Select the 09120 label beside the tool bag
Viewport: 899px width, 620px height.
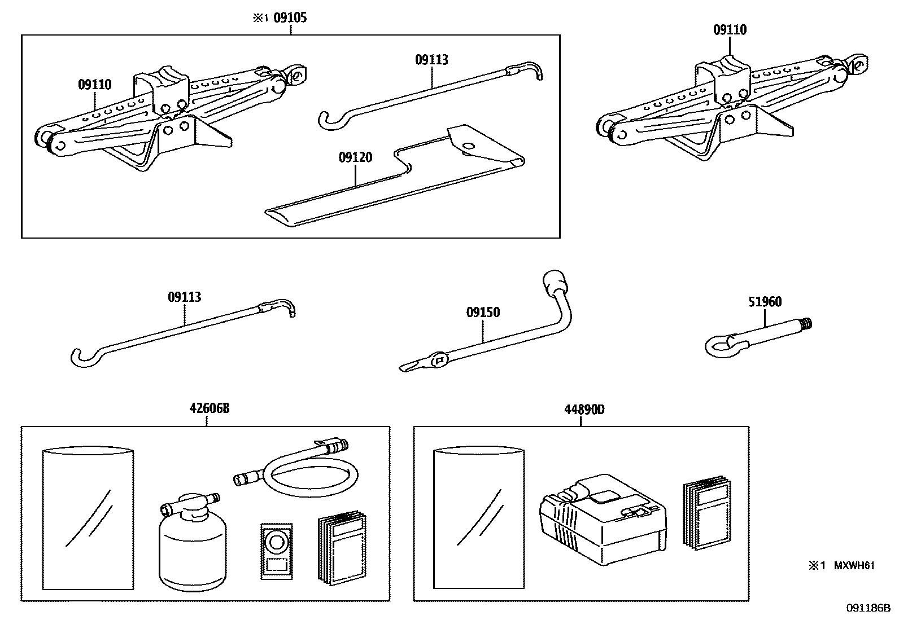click(x=355, y=157)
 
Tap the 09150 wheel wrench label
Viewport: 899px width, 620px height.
click(x=483, y=312)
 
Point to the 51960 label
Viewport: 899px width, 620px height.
click(x=765, y=302)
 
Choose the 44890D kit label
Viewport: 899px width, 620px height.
click(x=583, y=410)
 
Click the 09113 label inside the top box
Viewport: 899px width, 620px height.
click(x=431, y=60)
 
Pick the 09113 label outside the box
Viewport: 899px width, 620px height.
click(x=184, y=297)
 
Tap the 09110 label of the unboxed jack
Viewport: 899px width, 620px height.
click(x=730, y=30)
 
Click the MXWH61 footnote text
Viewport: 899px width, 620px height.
click(x=854, y=565)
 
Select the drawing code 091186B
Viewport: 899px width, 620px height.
click(x=867, y=608)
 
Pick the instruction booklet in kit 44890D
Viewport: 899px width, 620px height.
click(x=708, y=513)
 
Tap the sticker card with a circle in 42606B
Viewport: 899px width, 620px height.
click(x=277, y=550)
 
